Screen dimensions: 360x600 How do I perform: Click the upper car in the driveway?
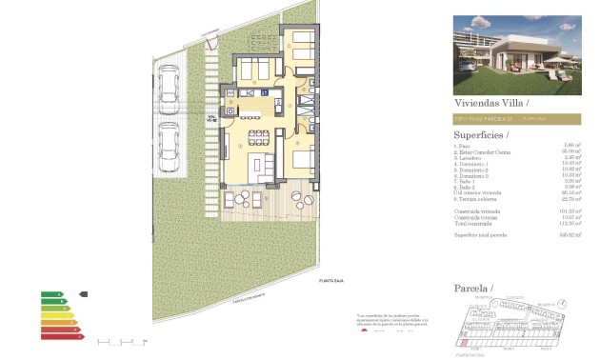pyautogui.click(x=170, y=86)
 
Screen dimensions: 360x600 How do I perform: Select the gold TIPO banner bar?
pyautogui.click(x=515, y=118)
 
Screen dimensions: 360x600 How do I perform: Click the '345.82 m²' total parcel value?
pyautogui.click(x=570, y=233)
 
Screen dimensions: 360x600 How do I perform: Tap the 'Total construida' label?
pyautogui.click(x=473, y=222)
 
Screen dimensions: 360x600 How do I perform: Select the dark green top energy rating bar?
pyautogui.click(x=50, y=294)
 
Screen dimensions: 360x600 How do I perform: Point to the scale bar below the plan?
pyautogui.click(x=119, y=340)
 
